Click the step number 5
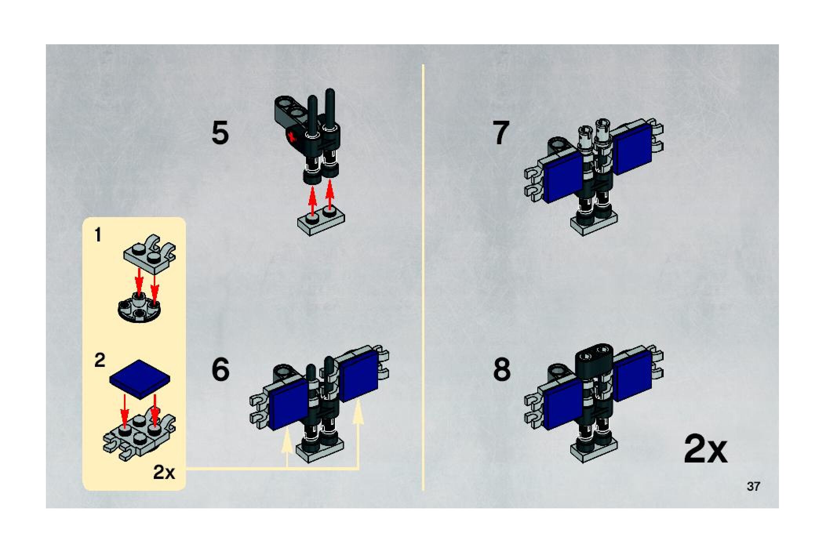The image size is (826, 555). click(x=220, y=133)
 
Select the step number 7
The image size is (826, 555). click(x=501, y=132)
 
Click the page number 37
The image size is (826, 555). click(x=753, y=486)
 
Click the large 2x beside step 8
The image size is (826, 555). click(x=706, y=449)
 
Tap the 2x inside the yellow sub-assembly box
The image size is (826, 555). click(x=164, y=472)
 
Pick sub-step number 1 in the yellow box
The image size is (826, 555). click(x=98, y=235)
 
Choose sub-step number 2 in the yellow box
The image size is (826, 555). click(x=100, y=360)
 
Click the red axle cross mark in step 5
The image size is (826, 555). click(x=291, y=137)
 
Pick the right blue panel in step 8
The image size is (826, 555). click(x=633, y=375)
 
